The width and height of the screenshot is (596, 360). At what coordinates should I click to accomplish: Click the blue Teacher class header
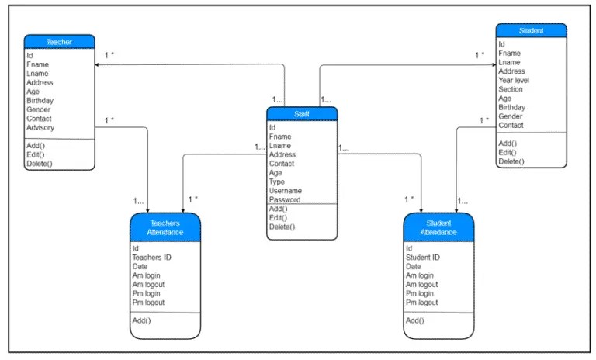pos(59,42)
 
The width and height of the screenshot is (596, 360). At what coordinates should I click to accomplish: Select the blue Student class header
pos(531,31)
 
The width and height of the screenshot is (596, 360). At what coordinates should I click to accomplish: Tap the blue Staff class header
pos(301,114)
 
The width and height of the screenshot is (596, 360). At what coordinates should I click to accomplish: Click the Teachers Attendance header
pos(165,227)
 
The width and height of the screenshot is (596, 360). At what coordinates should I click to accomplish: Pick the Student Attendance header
pos(438,227)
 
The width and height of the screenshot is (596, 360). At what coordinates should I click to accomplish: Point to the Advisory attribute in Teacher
pos(40,128)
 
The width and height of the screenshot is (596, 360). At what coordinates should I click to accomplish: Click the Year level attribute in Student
pos(514,80)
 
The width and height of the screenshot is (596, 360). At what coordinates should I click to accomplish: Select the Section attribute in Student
pos(511,89)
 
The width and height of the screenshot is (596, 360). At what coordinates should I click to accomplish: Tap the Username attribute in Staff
pos(285,191)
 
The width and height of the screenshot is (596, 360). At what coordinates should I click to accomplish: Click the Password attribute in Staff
pos(285,200)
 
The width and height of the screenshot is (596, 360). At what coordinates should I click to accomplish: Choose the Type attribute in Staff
pos(277,182)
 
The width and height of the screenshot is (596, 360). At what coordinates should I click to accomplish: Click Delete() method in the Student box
pos(511,161)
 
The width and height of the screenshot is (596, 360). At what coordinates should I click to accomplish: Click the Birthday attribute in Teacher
pos(40,101)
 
